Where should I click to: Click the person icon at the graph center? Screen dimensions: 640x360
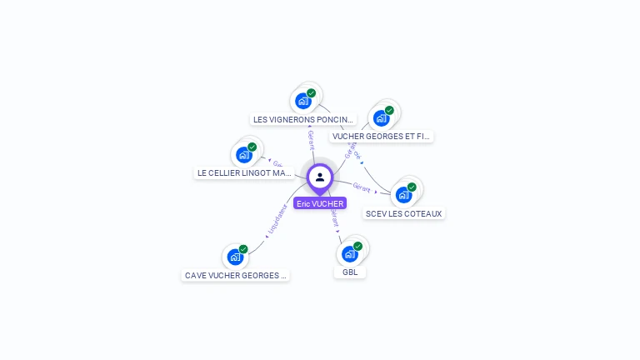pos(320,177)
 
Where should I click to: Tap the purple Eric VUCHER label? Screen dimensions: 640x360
pos(320,203)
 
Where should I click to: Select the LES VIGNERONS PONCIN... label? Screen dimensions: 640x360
pos(304,119)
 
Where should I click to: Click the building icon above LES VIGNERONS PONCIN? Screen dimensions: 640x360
pos(303,101)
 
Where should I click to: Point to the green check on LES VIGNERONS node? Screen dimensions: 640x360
pos(312,93)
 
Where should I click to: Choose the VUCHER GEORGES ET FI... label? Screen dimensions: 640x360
pos(381,136)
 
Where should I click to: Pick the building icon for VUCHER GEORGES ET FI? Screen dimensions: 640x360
pos(381,117)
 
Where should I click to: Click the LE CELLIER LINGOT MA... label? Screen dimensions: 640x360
pos(245,173)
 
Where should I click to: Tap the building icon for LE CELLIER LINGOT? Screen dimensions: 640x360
pos(243,155)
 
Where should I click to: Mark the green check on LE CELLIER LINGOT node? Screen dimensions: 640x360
pos(252,147)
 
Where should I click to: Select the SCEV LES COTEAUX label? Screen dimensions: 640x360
pos(404,213)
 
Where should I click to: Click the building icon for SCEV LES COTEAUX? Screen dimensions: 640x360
pos(403,195)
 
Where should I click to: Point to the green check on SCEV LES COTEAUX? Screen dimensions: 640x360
pos(412,187)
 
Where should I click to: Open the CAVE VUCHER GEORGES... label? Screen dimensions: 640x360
pos(235,275)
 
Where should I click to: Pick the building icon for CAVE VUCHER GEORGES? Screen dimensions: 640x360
pos(235,257)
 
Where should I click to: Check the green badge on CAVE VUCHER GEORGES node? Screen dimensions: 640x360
pos(243,249)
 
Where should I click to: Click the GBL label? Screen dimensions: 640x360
pos(350,272)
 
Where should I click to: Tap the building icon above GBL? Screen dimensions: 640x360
pos(349,253)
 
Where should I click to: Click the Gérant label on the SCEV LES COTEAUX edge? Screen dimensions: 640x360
pos(362,187)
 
